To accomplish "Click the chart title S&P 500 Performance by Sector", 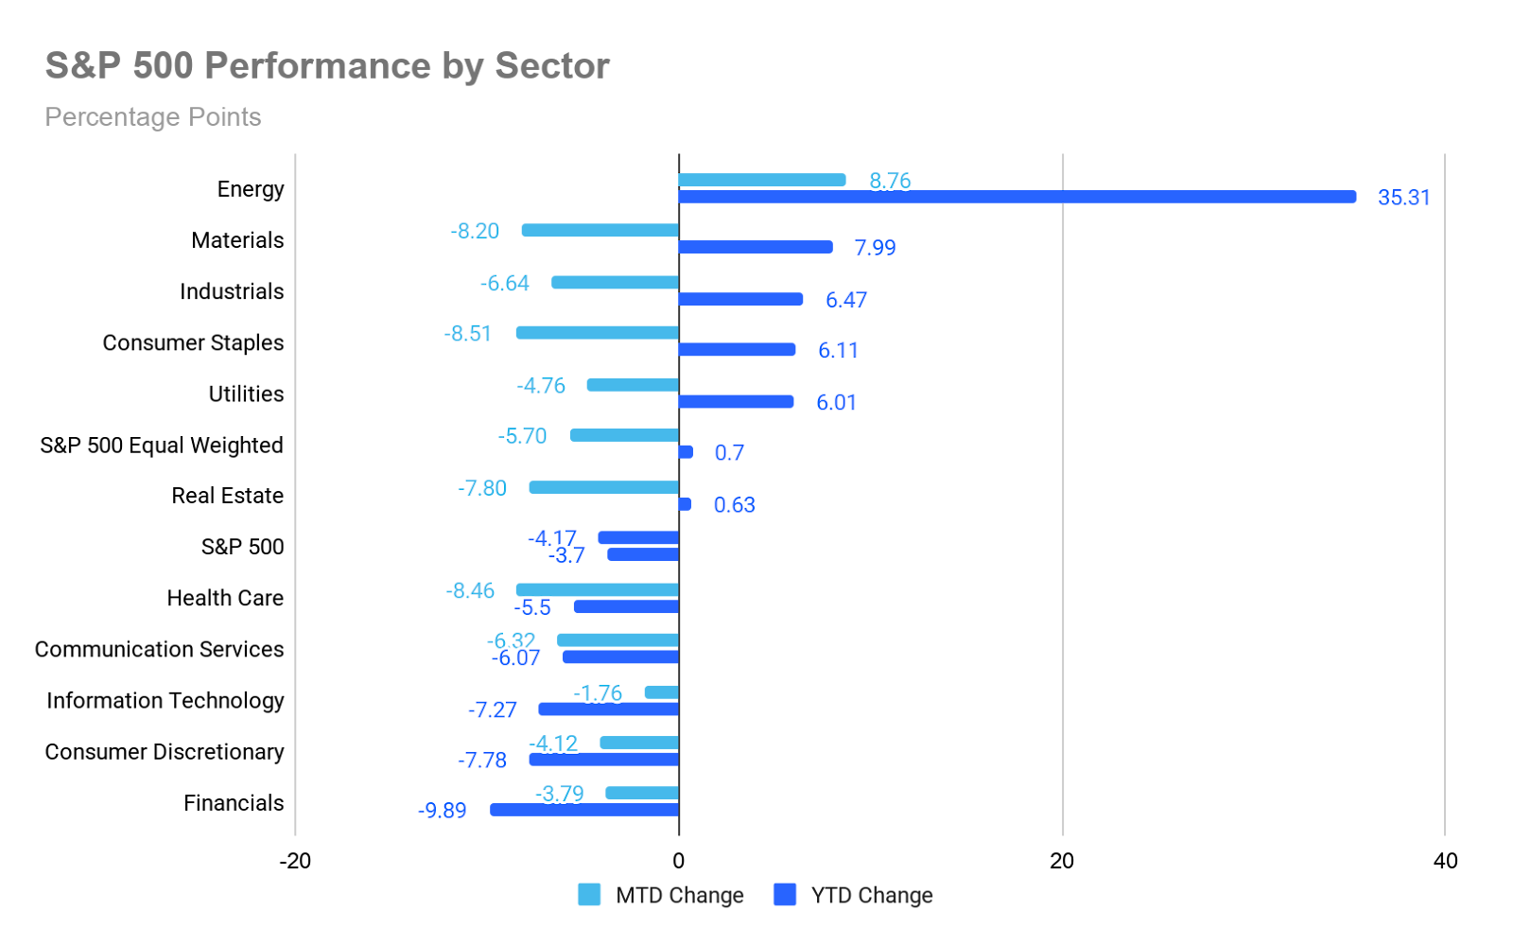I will (327, 66).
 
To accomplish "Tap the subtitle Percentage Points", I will (153, 117).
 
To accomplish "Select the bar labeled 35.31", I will (1017, 197).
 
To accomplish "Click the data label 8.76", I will (890, 180).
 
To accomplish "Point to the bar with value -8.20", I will (600, 231).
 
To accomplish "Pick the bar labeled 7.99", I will (756, 247).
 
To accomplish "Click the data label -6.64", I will (505, 283).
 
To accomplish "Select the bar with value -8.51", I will (597, 333).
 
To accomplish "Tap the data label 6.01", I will (836, 402).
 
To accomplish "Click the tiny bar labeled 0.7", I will (686, 452).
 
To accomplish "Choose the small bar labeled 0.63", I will (685, 504).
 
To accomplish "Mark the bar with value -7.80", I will (603, 487).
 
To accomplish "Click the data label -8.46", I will (470, 590).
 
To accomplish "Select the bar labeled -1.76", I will (661, 692).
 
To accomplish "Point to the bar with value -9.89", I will (584, 810).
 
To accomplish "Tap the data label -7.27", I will (492, 709).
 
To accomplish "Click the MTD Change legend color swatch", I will (589, 895).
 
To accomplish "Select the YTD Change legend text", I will (872, 895).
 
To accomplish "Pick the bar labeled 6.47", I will (740, 299).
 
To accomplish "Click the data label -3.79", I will (559, 793).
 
